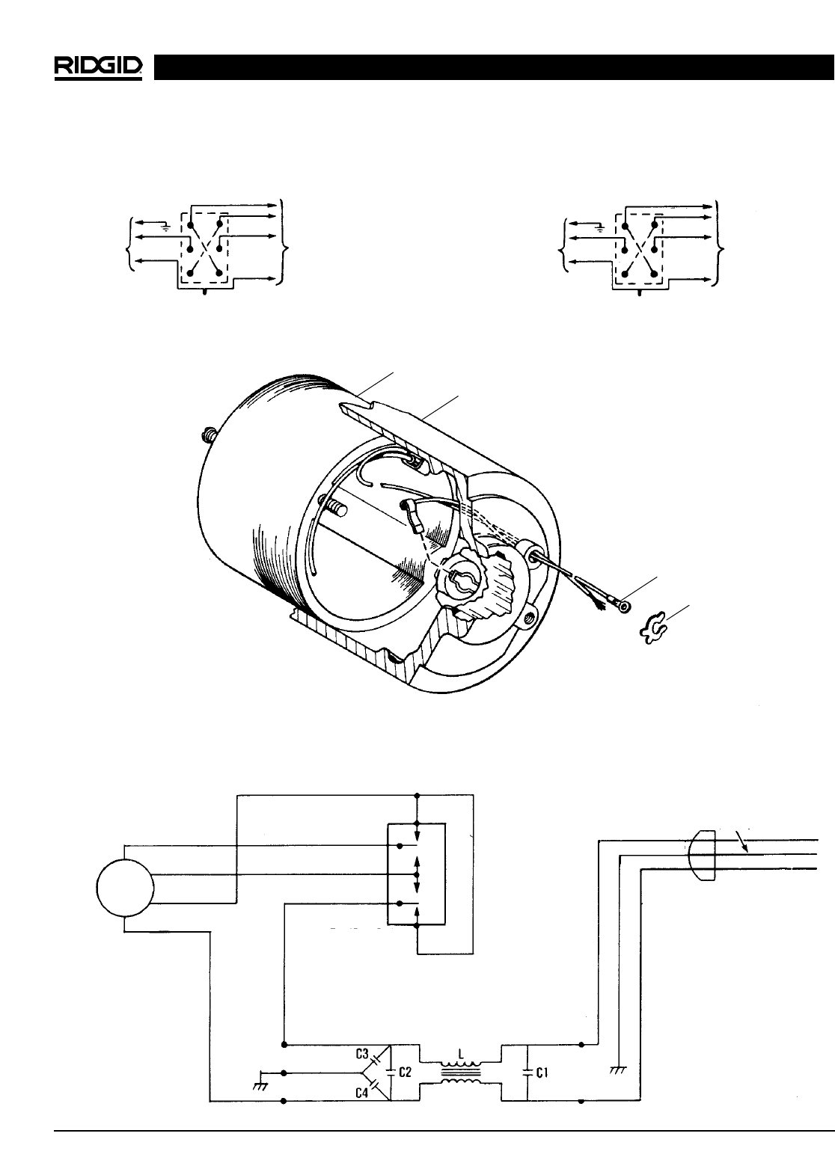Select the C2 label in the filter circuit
pyautogui.click(x=405, y=1072)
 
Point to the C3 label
pyautogui.click(x=362, y=1055)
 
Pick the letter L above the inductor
pyautogui.click(x=462, y=1052)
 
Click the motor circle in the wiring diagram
pyautogui.click(x=125, y=889)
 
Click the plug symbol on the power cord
pyautogui.click(x=703, y=856)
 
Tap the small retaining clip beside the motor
pyautogui.click(x=652, y=629)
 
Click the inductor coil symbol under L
pyautogui.click(x=461, y=1072)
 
